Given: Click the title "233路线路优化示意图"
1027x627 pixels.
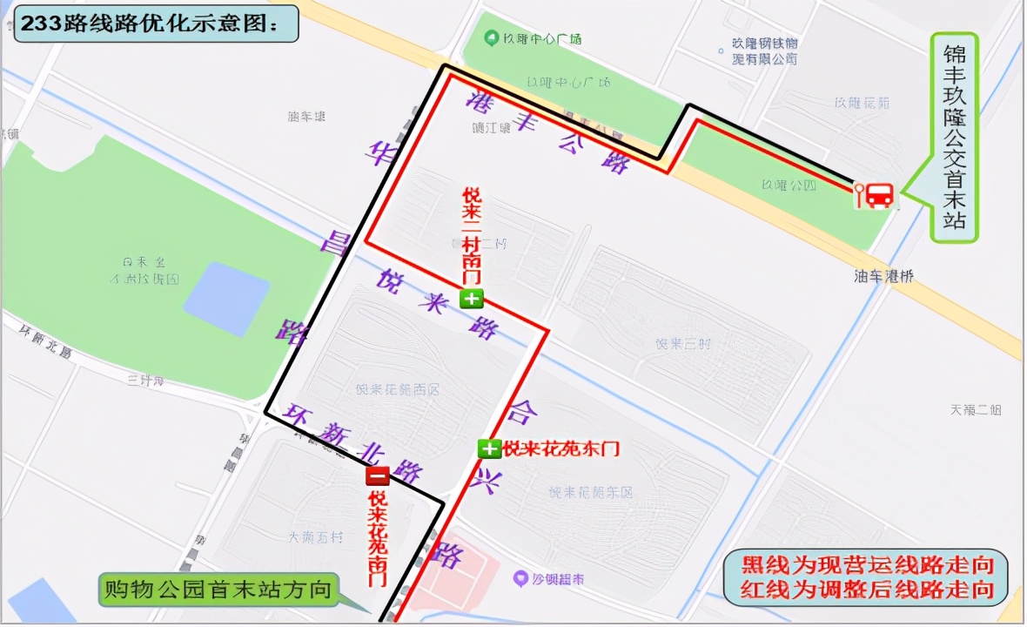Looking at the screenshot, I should (155, 24).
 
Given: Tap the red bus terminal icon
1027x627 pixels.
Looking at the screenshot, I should (878, 195).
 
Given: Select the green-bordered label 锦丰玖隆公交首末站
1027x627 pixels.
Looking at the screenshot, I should (955, 138).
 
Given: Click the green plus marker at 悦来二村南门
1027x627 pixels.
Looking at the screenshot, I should (472, 300).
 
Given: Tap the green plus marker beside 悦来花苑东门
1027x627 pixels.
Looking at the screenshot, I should (489, 449).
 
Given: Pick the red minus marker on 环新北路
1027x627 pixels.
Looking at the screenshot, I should (377, 476).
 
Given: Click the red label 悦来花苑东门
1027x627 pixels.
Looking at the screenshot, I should (561, 449).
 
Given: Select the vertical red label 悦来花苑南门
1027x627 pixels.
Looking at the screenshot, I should (377, 537).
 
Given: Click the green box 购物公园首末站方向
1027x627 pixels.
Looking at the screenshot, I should (218, 590).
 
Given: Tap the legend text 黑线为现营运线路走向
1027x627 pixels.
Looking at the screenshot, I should (867, 563).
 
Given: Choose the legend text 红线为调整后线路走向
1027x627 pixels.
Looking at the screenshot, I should (867, 590).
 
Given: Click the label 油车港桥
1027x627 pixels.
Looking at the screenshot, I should (883, 277).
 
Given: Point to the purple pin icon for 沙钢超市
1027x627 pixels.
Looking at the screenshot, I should (520, 577).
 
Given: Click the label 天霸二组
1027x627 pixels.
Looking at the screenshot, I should (976, 409).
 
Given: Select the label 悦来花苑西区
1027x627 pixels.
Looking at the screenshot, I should (398, 389).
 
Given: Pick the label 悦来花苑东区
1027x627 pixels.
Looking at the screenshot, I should (591, 493).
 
